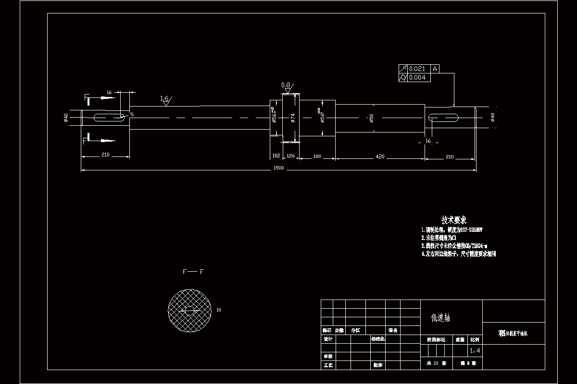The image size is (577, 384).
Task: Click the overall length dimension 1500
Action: click(278, 168)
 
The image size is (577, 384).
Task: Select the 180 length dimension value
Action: click(317, 156)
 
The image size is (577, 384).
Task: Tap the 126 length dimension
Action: click(290, 156)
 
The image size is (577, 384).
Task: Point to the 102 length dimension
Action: click(276, 156)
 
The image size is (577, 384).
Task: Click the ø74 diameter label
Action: click(292, 117)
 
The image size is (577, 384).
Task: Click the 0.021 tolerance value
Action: click(417, 69)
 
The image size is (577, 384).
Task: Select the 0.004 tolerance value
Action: click(417, 77)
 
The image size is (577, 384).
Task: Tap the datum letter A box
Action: click(435, 69)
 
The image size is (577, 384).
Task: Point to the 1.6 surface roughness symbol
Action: click(165, 100)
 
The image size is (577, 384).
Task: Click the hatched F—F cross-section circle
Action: click(190, 310)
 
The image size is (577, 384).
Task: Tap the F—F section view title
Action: click(193, 272)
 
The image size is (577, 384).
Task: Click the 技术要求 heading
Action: click(453, 220)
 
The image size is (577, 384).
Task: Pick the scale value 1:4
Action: click(475, 351)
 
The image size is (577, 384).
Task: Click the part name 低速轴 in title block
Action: click(440, 317)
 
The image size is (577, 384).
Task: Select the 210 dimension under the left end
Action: click(105, 155)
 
